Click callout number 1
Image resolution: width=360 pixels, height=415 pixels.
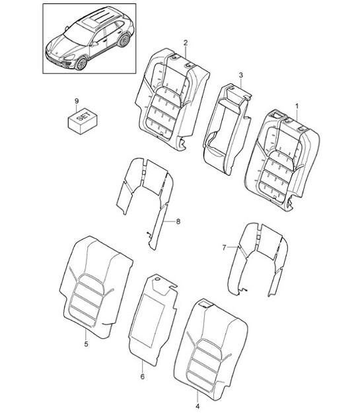coord(297,106)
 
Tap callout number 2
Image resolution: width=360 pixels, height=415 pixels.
coord(186,43)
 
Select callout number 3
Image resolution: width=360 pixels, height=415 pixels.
coord(241,77)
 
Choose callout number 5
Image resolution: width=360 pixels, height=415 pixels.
coord(87,344)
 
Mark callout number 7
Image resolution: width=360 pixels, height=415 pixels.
coord(224,246)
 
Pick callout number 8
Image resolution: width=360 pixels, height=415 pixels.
coord(177,223)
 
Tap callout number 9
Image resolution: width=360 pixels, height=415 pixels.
coord(77,100)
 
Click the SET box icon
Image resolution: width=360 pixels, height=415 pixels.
coord(79,120)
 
